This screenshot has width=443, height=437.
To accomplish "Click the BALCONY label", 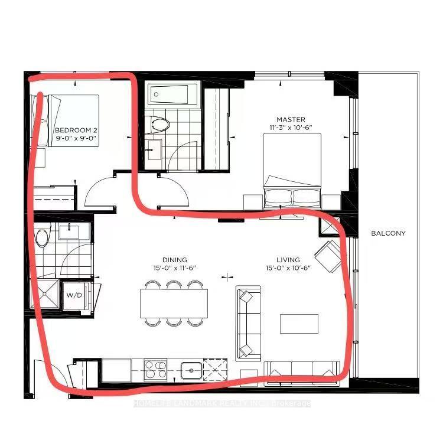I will pos(388,233).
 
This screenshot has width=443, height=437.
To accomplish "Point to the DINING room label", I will pos(175,260).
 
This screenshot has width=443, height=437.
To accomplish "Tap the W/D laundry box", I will pos(74,295).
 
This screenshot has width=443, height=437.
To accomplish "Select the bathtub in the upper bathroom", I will pos(172,93).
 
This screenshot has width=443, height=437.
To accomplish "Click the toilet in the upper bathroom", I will pos(160,125).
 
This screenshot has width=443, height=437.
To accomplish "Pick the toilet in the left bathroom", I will pos(43,237).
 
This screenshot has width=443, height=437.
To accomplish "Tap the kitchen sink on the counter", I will pos(191,370).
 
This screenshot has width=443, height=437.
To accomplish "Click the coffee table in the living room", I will pos(299,324).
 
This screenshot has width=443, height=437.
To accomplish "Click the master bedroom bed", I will pos(292,170).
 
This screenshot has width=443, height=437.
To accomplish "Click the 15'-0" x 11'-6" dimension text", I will pos(175,268).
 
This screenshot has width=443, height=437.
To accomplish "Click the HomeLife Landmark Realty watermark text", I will pos(221,403).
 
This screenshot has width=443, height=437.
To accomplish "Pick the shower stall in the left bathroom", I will pos(46,295).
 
